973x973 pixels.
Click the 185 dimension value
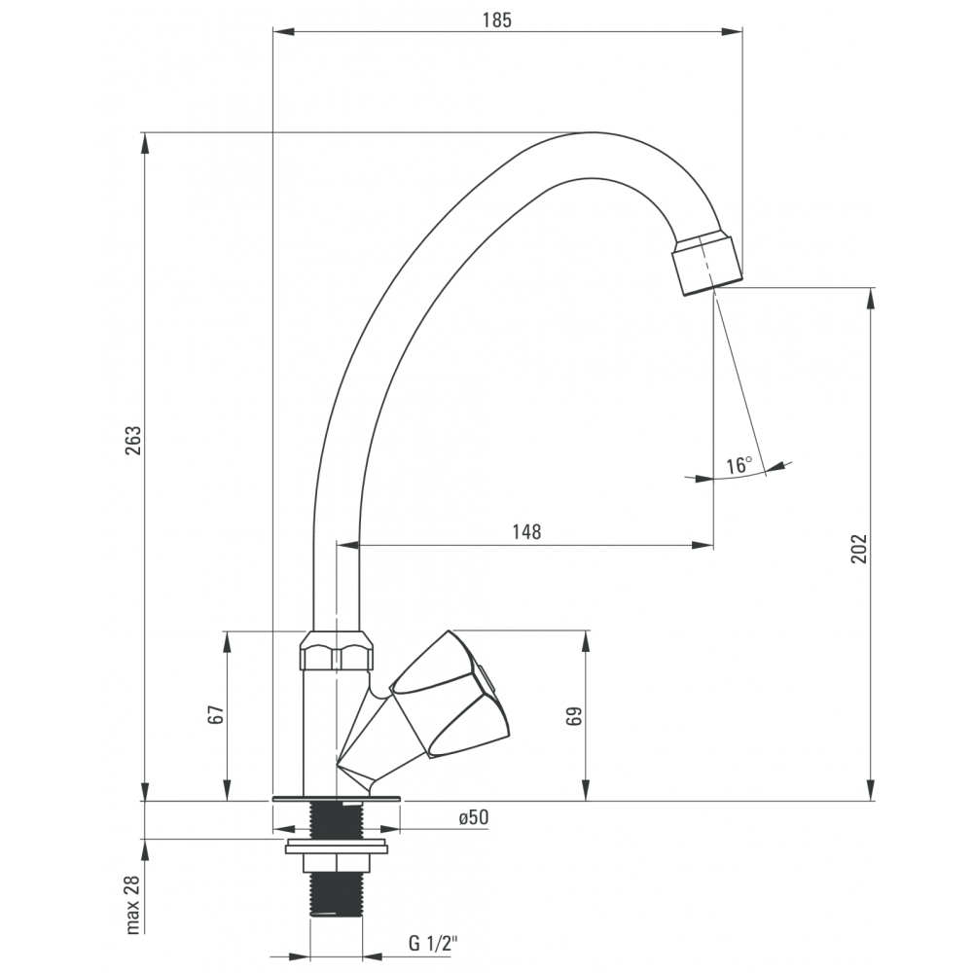[497, 20]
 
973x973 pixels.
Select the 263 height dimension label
[133, 440]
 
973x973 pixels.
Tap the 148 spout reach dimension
[526, 532]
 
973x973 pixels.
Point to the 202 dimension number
[859, 549]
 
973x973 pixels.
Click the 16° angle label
[739, 465]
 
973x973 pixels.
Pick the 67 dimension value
[216, 714]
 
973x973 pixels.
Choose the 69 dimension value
[574, 716]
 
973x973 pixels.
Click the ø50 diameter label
[474, 817]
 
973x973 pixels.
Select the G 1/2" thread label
[433, 943]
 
